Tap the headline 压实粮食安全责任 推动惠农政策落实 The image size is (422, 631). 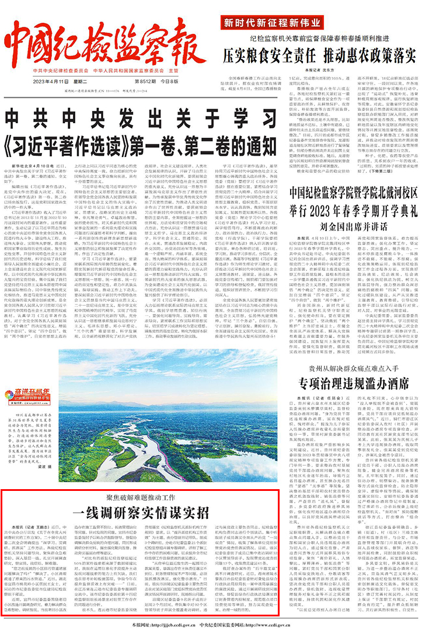[319, 56]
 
